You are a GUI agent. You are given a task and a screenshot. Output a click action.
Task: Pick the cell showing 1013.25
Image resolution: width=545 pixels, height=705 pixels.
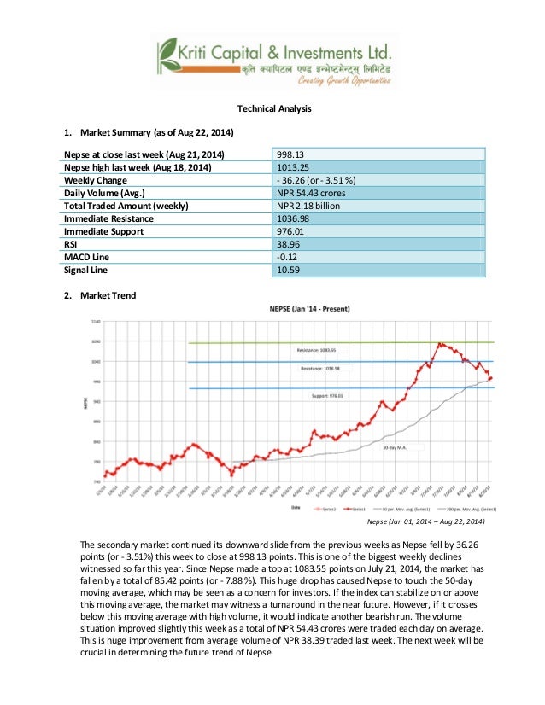(x=296, y=167)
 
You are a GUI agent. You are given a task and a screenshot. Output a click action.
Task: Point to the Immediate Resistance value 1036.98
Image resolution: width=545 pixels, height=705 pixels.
(x=296, y=218)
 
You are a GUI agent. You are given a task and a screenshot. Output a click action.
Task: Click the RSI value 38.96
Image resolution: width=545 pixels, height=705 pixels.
(x=290, y=244)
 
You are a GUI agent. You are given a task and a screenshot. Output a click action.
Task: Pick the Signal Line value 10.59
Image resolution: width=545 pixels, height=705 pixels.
(x=290, y=270)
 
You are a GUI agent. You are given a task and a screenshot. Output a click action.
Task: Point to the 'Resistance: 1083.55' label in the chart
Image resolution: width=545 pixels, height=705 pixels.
(x=318, y=351)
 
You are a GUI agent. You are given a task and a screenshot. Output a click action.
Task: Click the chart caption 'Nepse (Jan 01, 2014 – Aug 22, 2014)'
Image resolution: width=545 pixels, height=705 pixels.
(x=425, y=521)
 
